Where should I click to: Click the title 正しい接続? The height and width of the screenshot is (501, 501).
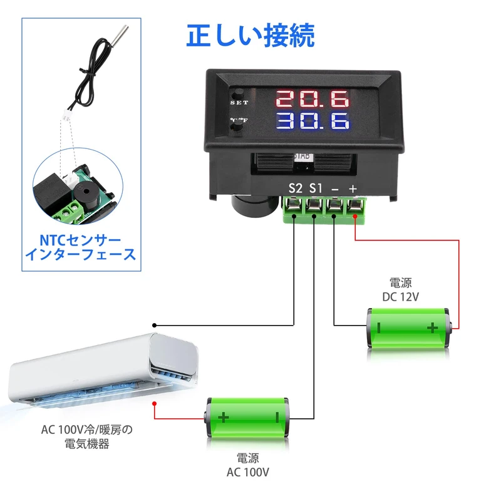tap(250, 35)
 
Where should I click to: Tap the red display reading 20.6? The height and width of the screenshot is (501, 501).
tap(312, 99)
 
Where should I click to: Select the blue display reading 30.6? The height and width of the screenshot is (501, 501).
tap(312, 121)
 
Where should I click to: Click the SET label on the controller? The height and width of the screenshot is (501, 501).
tap(239, 103)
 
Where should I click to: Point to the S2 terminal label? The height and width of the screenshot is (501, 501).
tap(295, 187)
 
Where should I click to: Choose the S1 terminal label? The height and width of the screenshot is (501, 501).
tap(316, 187)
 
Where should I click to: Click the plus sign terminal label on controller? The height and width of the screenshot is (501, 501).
tap(353, 188)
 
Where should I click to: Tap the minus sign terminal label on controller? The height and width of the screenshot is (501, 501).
tap(335, 188)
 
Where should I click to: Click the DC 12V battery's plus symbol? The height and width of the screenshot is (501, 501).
tap(432, 327)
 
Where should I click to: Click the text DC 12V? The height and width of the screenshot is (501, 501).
tap(400, 297)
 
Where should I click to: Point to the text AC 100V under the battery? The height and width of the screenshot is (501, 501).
tap(249, 473)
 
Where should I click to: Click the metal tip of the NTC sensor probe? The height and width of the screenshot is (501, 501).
tap(121, 31)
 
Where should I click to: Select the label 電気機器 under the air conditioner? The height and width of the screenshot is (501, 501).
tap(87, 444)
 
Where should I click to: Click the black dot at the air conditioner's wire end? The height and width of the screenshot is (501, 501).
tap(155, 325)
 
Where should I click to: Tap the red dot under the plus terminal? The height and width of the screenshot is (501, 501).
tap(355, 217)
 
